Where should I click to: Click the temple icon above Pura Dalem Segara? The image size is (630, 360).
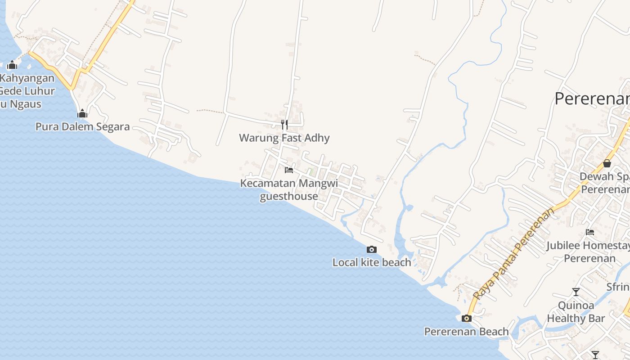[x=82, y=113]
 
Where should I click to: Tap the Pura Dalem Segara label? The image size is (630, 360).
[x=83, y=126]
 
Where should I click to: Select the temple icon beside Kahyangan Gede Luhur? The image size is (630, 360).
[x=12, y=65]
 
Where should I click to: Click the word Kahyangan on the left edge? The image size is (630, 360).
[x=27, y=78]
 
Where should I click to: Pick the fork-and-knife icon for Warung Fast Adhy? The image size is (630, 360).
[x=284, y=125]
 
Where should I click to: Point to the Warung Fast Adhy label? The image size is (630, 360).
[x=284, y=138]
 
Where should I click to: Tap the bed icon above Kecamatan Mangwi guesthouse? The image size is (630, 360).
[x=289, y=170]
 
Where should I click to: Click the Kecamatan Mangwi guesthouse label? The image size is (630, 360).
[x=289, y=189]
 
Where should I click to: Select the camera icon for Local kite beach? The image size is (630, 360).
[x=372, y=249]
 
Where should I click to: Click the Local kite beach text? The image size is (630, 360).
[x=372, y=262]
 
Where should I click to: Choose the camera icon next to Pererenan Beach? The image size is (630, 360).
[x=467, y=319]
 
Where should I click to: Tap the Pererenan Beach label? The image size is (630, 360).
[x=467, y=332]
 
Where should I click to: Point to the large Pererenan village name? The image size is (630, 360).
[x=592, y=99]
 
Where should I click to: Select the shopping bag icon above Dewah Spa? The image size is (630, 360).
[x=607, y=163]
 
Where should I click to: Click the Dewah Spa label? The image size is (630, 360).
[x=603, y=176]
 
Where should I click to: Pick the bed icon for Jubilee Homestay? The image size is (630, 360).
[x=590, y=232]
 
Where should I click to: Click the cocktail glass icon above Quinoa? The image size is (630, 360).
[x=576, y=292]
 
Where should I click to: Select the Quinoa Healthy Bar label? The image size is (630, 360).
[x=576, y=312]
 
